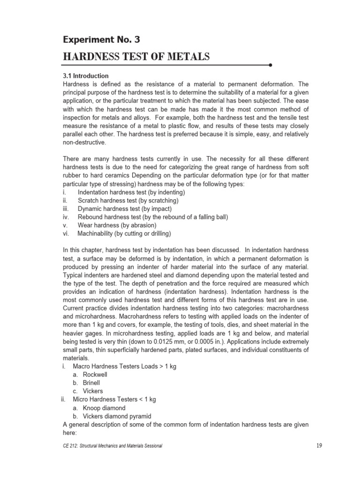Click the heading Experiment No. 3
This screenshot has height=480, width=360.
pyautogui.click(x=101, y=39)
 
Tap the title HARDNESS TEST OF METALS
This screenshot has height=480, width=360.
pyautogui.click(x=136, y=57)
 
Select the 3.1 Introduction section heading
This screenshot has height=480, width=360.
pyautogui.click(x=86, y=75)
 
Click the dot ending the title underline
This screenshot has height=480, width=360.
pyautogui.click(x=271, y=65)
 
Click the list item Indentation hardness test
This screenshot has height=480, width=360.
pyautogui.click(x=131, y=192)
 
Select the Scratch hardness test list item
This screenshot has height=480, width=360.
pyautogui.click(x=128, y=201)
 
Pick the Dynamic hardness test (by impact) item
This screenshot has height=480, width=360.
pyautogui.click(x=125, y=209)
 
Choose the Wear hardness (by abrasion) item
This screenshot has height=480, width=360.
pyautogui.click(x=117, y=225)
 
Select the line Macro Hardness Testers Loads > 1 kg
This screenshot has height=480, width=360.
pyautogui.click(x=124, y=366)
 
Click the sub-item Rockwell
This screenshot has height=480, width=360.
pyautogui.click(x=95, y=375)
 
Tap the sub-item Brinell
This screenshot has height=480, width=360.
pyautogui.click(x=91, y=383)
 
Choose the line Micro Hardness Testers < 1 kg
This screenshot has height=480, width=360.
pyautogui.click(x=114, y=399)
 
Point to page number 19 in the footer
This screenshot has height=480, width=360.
pyautogui.click(x=319, y=445)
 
